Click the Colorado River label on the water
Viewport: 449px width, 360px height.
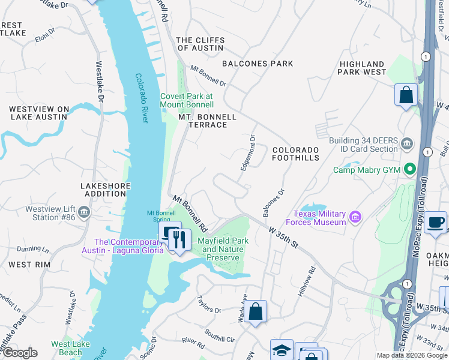coord(141,98)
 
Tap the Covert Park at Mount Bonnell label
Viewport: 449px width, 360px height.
coord(186,100)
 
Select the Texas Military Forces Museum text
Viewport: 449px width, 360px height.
coord(320,218)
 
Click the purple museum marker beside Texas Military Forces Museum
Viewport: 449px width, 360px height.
coord(355,216)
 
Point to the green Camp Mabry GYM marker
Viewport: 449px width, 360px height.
coord(411,170)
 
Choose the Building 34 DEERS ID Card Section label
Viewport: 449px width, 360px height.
coord(363,145)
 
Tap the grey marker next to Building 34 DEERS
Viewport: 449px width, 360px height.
coord(407,143)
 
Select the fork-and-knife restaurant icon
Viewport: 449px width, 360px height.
coord(179,239)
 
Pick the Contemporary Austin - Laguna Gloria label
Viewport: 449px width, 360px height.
coord(122,246)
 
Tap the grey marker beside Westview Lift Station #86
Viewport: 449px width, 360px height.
coord(84,211)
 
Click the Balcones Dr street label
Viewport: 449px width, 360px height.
coord(273,203)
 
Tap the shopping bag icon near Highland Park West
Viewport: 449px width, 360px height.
coord(406,95)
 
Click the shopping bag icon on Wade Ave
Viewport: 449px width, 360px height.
coord(255,311)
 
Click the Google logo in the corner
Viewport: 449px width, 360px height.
coord(19,353)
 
